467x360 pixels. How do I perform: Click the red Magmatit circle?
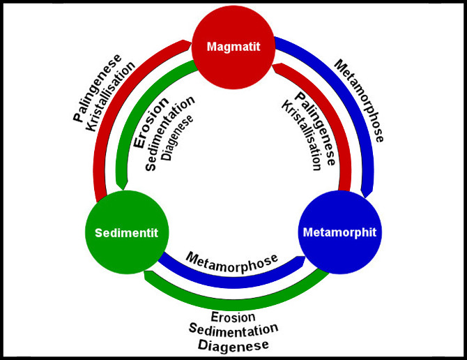click(233, 47)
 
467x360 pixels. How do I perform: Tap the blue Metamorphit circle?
click(339, 232)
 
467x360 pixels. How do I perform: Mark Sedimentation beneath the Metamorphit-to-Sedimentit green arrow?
click(233, 330)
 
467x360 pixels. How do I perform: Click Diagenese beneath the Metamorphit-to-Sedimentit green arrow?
click(233, 344)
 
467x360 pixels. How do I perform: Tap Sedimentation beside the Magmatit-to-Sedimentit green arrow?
click(171, 133)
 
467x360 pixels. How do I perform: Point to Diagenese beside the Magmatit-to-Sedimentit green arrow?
click(177, 140)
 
